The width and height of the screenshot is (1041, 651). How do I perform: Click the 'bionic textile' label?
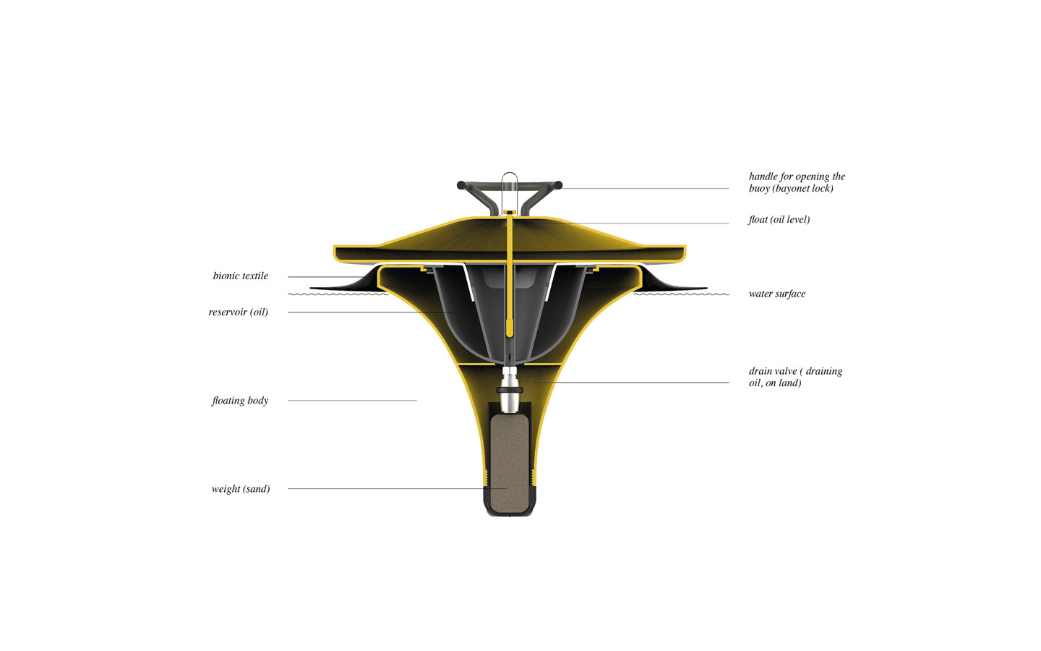240,276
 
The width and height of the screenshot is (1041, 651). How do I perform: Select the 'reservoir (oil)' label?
238,312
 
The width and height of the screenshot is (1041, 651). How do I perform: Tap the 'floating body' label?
240,400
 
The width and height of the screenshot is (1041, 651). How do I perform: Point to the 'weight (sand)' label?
241,489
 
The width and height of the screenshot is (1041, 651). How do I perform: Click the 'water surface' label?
776,294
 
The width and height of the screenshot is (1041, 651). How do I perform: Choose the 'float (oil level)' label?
779,219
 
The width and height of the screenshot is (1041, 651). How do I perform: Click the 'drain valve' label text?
795,377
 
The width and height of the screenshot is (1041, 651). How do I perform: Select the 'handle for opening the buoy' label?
797,182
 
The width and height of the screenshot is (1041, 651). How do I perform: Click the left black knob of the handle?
461,185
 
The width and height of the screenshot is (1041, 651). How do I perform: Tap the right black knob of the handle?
558,185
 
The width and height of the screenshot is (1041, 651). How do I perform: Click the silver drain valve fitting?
510,386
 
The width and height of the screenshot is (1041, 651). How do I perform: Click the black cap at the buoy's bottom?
510,511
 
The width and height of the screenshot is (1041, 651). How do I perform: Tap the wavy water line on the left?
338,294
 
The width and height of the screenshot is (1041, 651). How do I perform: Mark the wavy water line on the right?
681,294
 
